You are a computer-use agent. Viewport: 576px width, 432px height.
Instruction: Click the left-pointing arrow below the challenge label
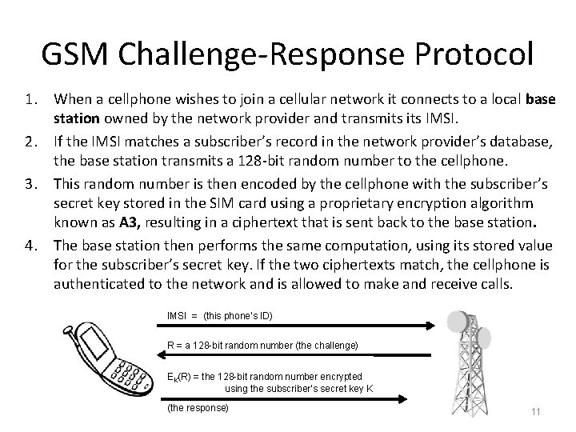299,356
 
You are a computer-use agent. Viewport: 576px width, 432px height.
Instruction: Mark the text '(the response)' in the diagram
198,407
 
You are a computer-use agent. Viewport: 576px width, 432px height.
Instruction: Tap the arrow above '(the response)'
299,398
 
